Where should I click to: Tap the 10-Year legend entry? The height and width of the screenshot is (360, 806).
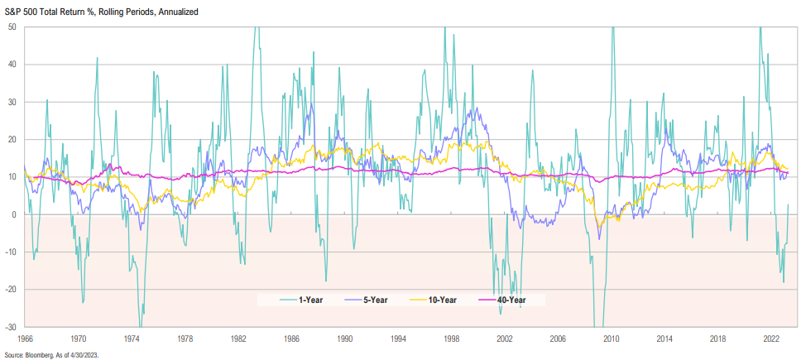pos(449,300)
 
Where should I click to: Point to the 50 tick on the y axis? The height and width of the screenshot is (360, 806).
pos(13,26)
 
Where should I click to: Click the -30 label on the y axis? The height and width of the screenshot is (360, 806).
pos(12,327)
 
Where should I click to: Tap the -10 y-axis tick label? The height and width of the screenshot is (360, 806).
pos(12,252)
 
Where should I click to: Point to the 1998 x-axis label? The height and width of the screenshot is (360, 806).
pos(451,338)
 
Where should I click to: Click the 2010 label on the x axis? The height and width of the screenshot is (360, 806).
pos(612,338)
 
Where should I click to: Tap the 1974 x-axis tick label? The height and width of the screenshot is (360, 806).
pos(131,338)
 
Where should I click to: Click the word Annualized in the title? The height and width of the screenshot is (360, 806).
pos(176,11)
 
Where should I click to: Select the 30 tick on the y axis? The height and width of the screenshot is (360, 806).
pos(13,102)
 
